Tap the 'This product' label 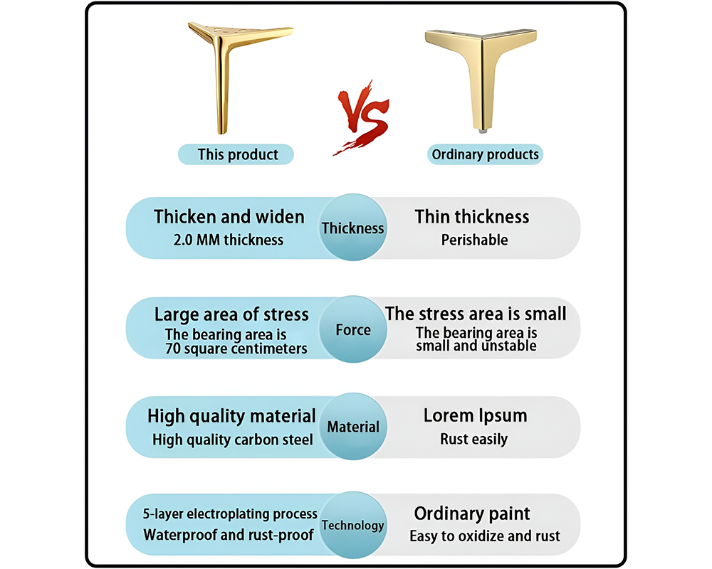pyautogui.click(x=238, y=154)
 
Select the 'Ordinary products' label pyautogui.click(x=486, y=154)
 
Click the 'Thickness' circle pyautogui.click(x=352, y=228)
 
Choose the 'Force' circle pyautogui.click(x=353, y=329)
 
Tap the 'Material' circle pyautogui.click(x=353, y=427)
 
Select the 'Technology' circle pyautogui.click(x=352, y=526)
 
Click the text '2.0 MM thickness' pyautogui.click(x=228, y=240)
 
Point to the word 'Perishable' pyautogui.click(x=474, y=240)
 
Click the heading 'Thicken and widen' pyautogui.click(x=229, y=216)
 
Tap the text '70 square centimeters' pyautogui.click(x=236, y=349)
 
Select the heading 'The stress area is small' pyautogui.click(x=476, y=313)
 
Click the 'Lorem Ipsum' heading pyautogui.click(x=475, y=415)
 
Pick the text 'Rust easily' pyautogui.click(x=474, y=439)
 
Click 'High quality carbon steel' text pyautogui.click(x=232, y=440)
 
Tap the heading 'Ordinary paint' pyautogui.click(x=472, y=514)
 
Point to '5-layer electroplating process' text pyautogui.click(x=230, y=514)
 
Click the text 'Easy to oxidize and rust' pyautogui.click(x=485, y=536)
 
